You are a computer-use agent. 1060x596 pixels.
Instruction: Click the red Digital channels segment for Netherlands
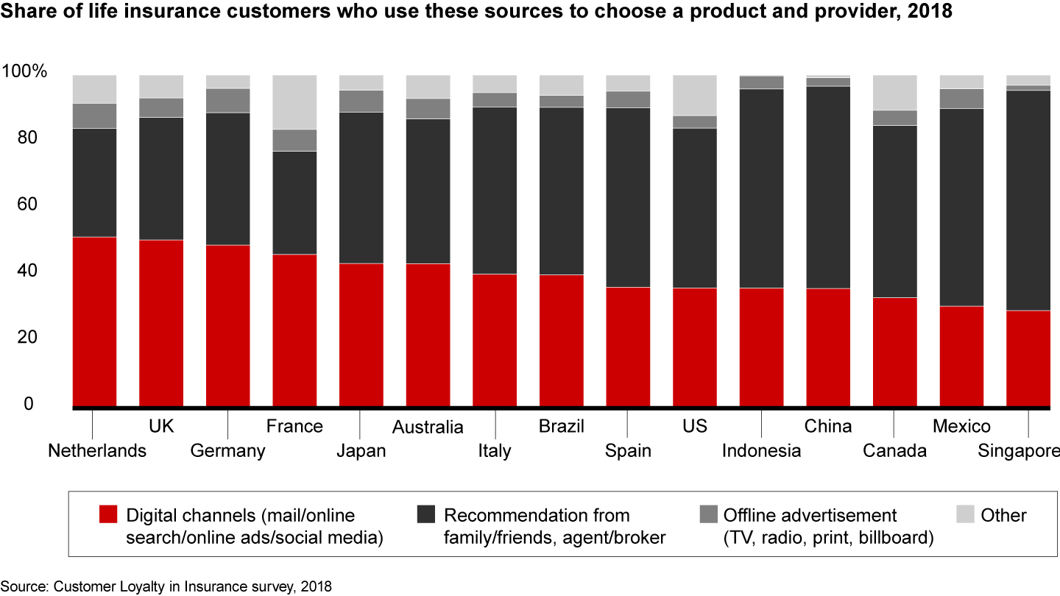(95, 322)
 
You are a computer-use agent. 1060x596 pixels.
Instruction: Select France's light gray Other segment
(294, 102)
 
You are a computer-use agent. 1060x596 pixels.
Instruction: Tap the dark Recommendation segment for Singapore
(1028, 200)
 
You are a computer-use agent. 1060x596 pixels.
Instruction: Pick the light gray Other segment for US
(695, 95)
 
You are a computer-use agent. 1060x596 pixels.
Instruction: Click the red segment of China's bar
(828, 347)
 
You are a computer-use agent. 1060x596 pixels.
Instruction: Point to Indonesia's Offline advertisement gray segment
(762, 82)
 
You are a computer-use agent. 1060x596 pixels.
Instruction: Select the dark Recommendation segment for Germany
(227, 179)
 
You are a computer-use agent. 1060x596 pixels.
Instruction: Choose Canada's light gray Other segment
(895, 93)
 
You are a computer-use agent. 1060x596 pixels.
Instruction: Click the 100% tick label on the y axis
(24, 72)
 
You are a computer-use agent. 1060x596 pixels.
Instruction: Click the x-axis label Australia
(428, 428)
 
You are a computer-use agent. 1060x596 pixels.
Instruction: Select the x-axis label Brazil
(561, 426)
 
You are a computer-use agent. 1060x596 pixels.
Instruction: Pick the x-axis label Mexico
(961, 426)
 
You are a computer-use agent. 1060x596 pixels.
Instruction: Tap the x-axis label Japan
(361, 450)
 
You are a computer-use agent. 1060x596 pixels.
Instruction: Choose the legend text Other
(1003, 516)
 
